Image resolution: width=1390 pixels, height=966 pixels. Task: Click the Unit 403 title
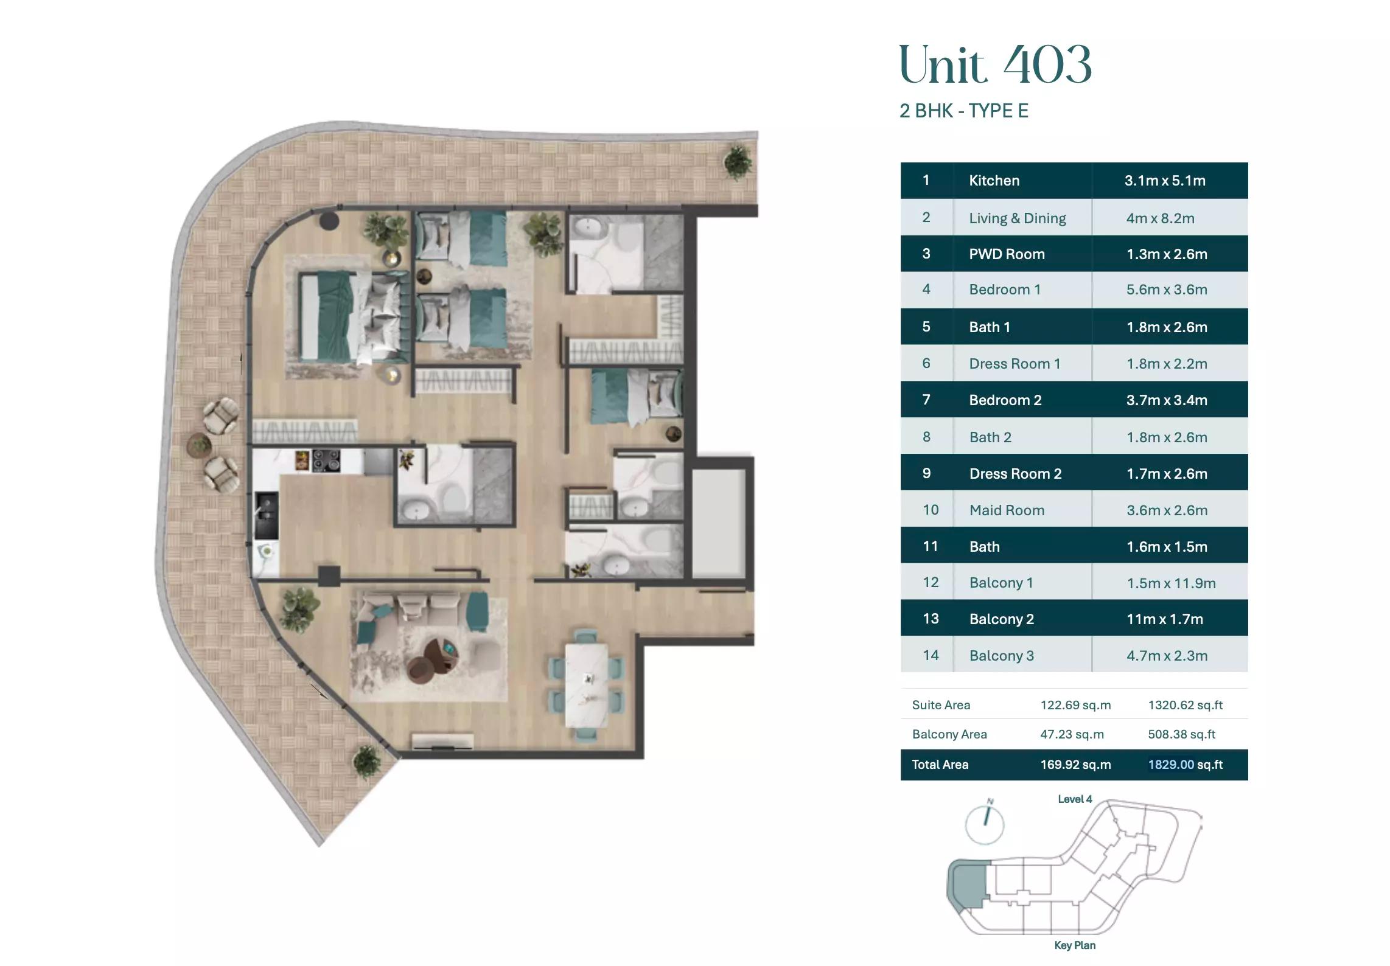coord(995,65)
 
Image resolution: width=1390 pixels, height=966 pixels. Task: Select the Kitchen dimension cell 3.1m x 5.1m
coord(1164,181)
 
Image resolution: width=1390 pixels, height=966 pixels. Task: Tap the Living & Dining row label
coord(1017,218)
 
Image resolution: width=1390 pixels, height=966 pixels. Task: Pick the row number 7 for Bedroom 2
coord(926,400)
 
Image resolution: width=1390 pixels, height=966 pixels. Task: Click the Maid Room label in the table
coord(1007,510)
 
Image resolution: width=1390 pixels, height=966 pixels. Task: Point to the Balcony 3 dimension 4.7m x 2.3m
coord(1167,656)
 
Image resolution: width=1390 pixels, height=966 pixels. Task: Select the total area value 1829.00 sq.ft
coord(1184,765)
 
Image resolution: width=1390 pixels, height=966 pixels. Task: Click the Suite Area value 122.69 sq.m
coord(1075,705)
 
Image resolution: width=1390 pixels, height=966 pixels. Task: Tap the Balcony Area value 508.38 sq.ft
coord(1181,734)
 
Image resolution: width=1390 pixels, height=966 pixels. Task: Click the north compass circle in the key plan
coord(984,825)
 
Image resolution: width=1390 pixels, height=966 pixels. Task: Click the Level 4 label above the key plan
coord(1075,799)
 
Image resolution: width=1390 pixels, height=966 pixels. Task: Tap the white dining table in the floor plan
coord(586,685)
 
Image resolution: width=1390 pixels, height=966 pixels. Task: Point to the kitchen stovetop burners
coord(326,460)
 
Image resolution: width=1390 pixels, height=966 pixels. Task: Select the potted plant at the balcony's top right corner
coord(737,161)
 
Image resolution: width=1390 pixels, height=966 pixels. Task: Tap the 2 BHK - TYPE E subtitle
coord(963,111)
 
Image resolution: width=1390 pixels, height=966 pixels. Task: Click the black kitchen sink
coord(267,515)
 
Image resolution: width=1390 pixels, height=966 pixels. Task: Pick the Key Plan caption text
coord(1074,945)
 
